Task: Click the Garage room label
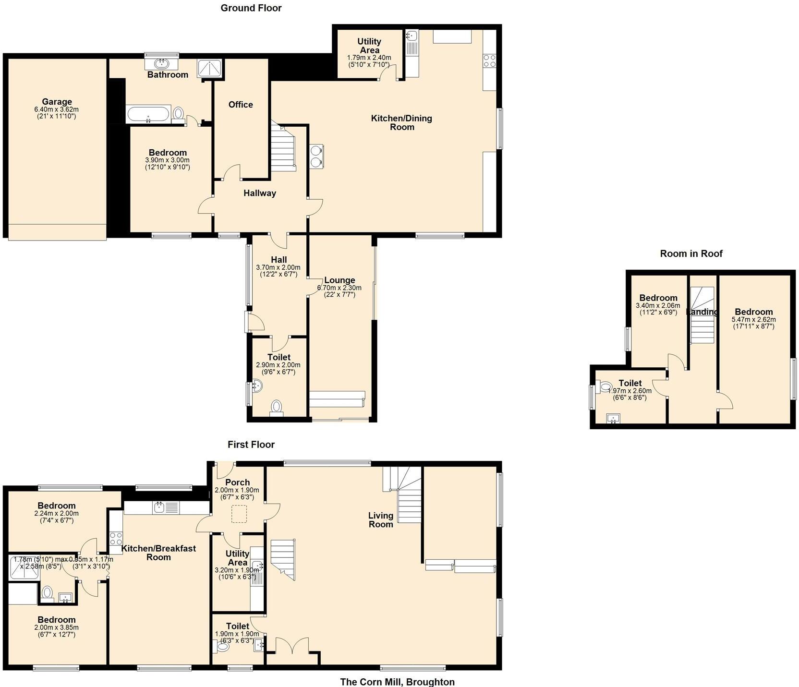57,102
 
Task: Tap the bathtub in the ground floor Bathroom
148,114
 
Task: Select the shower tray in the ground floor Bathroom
210,69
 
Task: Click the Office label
241,105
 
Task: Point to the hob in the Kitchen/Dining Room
489,60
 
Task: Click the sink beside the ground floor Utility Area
412,36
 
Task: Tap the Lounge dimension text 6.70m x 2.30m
339,288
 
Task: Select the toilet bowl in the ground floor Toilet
277,407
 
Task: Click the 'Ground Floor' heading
251,8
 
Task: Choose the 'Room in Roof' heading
691,254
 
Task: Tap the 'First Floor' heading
251,445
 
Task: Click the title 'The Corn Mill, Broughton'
397,682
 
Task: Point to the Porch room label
237,482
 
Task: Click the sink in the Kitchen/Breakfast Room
159,506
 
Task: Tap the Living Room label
381,520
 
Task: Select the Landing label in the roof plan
702,312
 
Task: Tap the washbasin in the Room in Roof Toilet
613,419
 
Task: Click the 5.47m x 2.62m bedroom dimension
753,319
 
